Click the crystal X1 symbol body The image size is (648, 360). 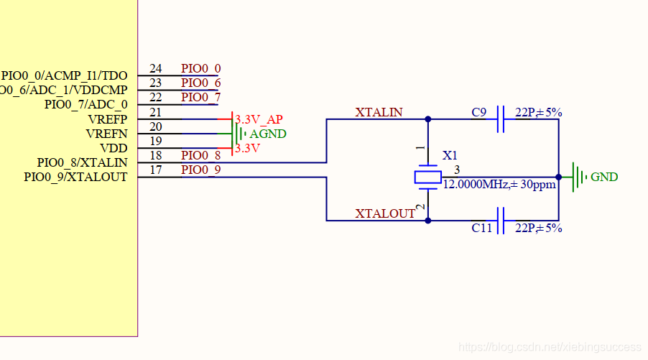(x=427, y=177)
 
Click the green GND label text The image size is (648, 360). (x=604, y=177)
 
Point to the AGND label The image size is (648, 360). (x=267, y=134)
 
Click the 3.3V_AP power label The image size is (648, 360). (x=259, y=119)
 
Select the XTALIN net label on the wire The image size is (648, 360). (x=379, y=112)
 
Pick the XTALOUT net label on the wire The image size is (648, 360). (x=385, y=213)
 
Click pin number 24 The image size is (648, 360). (x=155, y=69)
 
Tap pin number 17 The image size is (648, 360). (x=155, y=170)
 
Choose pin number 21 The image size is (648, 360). (x=155, y=112)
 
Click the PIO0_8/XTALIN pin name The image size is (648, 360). (x=82, y=162)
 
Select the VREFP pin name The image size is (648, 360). (x=107, y=119)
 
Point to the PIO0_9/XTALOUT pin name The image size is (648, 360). (x=75, y=177)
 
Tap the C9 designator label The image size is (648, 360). (x=479, y=112)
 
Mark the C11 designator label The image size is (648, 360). (x=481, y=229)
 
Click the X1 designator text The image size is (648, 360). (x=450, y=155)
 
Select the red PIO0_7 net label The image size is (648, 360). (x=200, y=97)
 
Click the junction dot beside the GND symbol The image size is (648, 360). (x=558, y=177)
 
